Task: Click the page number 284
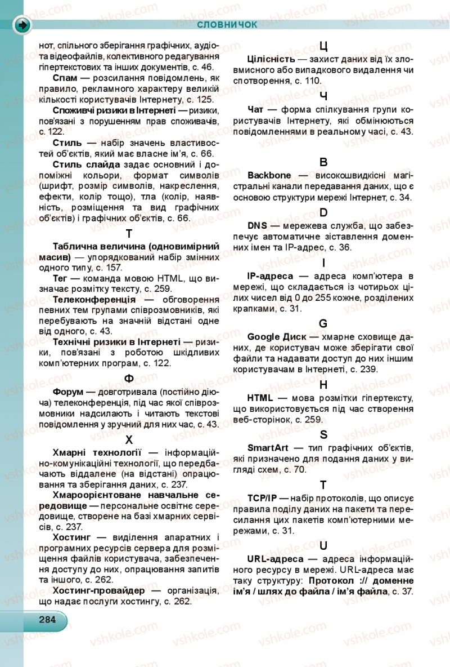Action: coord(47,619)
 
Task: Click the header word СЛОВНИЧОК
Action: coord(227,24)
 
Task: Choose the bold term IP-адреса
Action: coord(270,275)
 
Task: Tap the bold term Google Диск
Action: coord(277,336)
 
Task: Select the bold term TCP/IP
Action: coord(262,499)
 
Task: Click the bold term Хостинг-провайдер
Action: coord(98,590)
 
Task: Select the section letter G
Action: coord(323,323)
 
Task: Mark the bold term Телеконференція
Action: coord(94,300)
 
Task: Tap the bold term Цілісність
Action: coord(271,59)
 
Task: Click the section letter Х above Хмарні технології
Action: coord(129,439)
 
